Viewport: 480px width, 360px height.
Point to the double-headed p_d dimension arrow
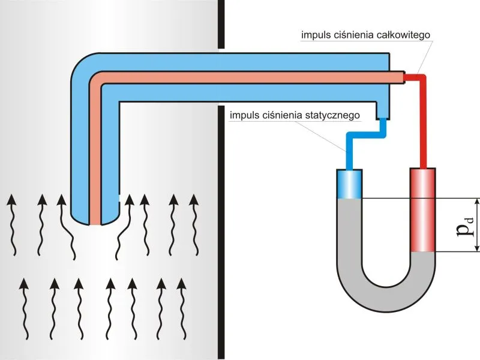pyautogui.click(x=476, y=225)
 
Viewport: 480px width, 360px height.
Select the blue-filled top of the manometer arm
pyautogui.click(x=350, y=184)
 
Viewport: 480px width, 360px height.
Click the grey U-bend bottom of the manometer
pyautogui.click(x=386, y=294)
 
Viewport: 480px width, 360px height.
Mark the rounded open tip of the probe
pyautogui.click(x=95, y=220)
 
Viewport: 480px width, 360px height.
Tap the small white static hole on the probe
pyautogui.click(x=119, y=198)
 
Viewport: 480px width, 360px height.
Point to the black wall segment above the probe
pyautogui.click(x=221, y=24)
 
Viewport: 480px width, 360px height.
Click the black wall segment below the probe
pyautogui.click(x=221, y=233)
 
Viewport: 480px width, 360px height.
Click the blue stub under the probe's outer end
pyautogui.click(x=383, y=110)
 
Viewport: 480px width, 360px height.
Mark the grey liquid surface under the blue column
pyautogui.click(x=350, y=199)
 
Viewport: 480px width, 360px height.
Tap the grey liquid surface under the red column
pyautogui.click(x=423, y=252)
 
